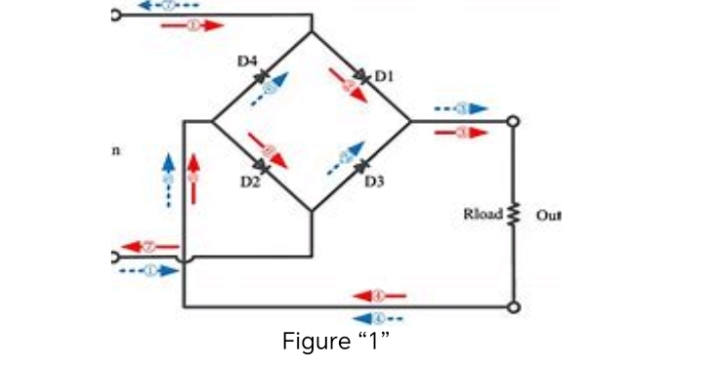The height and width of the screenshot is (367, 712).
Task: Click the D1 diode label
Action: point(383,74)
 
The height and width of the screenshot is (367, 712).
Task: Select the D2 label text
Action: point(250,183)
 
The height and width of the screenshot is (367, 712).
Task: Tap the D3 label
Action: point(374,183)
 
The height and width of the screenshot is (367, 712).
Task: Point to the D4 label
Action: point(247,61)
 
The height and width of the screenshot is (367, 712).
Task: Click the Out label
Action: point(548,214)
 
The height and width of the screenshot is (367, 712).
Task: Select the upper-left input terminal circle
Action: point(115,16)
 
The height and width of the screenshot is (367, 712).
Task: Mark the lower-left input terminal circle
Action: point(115,258)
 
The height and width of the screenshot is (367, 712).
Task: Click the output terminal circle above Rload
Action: point(513,121)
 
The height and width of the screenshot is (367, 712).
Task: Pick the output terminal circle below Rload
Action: point(513,306)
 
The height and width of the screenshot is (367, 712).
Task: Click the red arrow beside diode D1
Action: point(350,85)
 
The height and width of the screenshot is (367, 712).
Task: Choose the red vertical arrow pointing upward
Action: point(193,179)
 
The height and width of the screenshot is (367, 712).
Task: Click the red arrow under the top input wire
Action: point(192,26)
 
